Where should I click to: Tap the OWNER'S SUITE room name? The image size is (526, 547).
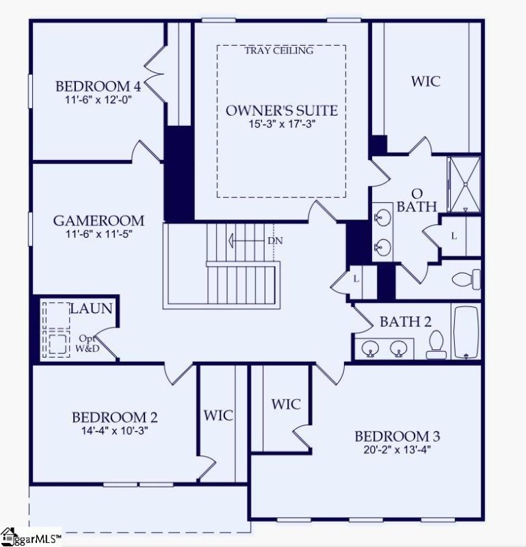click(x=282, y=110)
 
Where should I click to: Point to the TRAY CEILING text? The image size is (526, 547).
click(x=278, y=50)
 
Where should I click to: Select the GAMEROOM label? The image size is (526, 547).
click(x=98, y=221)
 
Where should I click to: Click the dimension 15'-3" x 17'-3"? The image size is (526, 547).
click(x=282, y=124)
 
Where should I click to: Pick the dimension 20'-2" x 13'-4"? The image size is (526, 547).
click(x=397, y=450)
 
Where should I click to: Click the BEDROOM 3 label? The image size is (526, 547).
click(x=397, y=436)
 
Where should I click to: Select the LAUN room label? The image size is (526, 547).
click(x=90, y=309)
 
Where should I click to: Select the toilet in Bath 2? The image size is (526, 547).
click(x=436, y=345)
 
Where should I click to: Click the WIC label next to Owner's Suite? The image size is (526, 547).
click(x=425, y=81)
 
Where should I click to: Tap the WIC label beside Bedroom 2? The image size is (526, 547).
click(x=219, y=415)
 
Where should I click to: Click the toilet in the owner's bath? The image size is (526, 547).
click(x=468, y=279)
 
